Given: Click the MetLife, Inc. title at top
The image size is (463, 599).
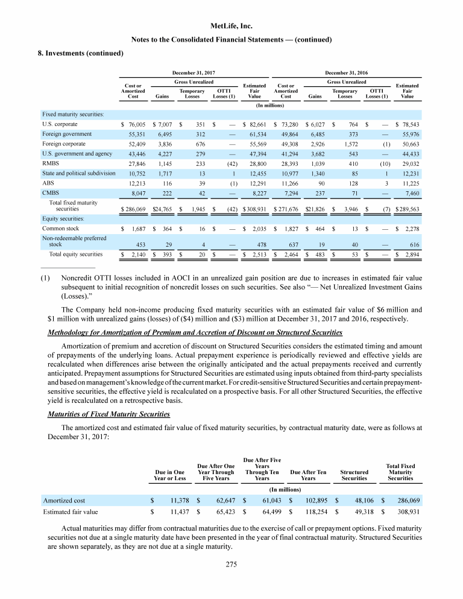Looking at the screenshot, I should coord(231,27).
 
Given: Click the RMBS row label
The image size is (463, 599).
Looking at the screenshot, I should coord(51,163).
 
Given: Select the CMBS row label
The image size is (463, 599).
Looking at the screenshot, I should coord(51,192).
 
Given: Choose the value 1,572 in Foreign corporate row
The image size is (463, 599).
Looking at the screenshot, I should coord(349,144).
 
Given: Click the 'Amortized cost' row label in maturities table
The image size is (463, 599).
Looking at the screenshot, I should coord(63,499).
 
